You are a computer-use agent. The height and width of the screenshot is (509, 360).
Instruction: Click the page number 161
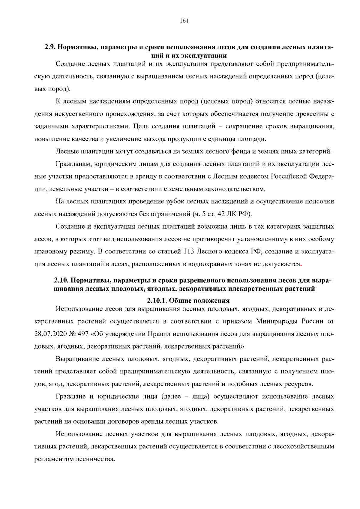(184, 21)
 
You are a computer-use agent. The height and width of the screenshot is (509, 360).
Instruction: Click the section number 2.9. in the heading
(50, 47)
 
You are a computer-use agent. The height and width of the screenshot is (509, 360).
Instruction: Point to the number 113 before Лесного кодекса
(189, 251)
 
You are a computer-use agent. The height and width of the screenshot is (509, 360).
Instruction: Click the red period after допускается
(301, 264)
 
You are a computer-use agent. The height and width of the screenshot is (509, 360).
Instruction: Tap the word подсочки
(319, 201)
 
